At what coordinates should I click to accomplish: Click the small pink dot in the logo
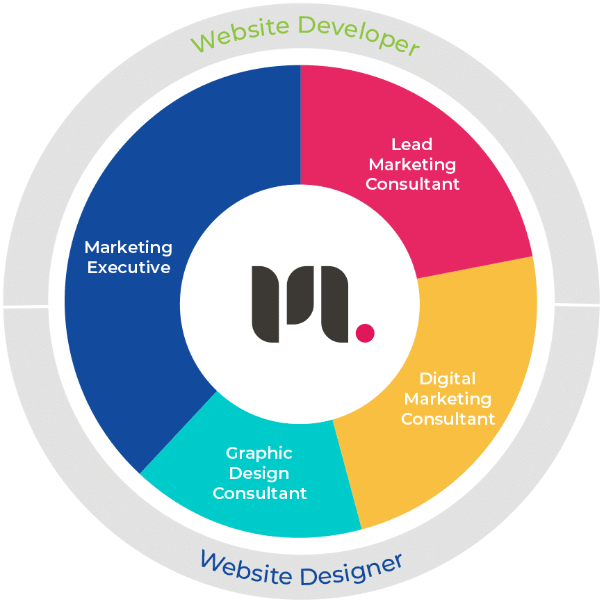coord(365,333)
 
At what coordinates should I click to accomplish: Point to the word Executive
coord(129,267)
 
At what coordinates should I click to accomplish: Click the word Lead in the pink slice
coord(412,145)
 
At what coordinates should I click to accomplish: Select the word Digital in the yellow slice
coord(448,379)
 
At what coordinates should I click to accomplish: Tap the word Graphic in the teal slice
coord(259,453)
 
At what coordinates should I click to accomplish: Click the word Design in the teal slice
coord(259,473)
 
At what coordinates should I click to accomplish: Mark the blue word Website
coord(247,566)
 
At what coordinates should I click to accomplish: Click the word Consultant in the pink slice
coord(413,184)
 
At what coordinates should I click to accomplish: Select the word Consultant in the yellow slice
coord(448,419)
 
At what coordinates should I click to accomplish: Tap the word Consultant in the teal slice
coord(259,493)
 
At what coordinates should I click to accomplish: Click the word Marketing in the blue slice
coord(129,247)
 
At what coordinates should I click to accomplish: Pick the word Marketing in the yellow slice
coord(448,399)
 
